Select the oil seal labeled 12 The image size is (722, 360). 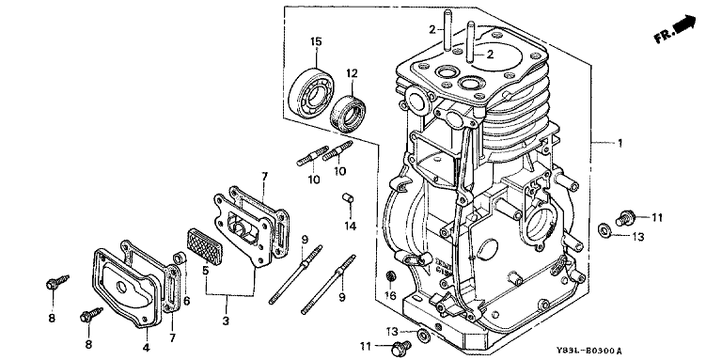[349, 113]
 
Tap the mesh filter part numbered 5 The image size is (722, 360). [204, 245]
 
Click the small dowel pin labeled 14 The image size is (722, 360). [349, 199]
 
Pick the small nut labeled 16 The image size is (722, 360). [391, 276]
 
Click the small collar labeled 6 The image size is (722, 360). [180, 258]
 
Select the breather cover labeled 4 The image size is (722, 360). [128, 288]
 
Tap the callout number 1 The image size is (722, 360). [620, 143]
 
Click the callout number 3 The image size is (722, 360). [226, 321]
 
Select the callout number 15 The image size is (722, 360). [316, 41]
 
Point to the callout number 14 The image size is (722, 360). [351, 226]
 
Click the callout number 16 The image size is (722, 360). [390, 295]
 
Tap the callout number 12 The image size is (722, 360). [353, 72]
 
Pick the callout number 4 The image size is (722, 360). [146, 347]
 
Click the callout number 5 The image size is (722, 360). [205, 270]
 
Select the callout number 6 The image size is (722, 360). [186, 301]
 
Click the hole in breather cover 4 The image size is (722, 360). [121, 288]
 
